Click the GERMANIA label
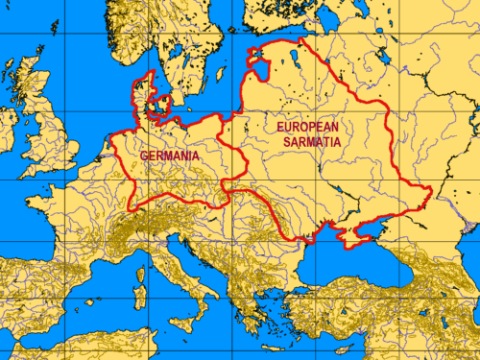169,156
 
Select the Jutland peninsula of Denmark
143,91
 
